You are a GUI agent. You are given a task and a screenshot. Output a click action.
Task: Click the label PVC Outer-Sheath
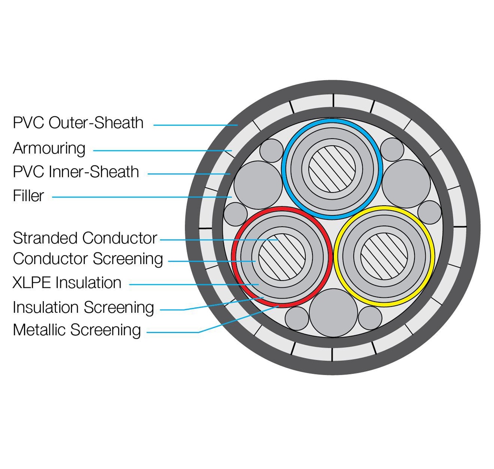pos(78,123)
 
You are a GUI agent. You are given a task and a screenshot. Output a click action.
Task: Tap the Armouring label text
pos(49,148)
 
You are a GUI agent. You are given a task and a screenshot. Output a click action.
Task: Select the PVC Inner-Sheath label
pos(76,172)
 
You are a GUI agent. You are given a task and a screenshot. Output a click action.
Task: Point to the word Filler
pos(28,196)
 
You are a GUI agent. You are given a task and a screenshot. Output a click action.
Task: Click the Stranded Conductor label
pos(85,238)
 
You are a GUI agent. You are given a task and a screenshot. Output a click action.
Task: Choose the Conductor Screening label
pos(88,259)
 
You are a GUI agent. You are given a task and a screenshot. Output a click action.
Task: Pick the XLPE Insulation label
pos(67,283)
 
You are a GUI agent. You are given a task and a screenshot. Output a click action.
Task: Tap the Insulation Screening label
pos(83,307)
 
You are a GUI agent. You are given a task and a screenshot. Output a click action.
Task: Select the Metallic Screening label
pos(77,330)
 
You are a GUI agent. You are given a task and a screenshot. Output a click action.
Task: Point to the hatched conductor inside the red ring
pos(282,257)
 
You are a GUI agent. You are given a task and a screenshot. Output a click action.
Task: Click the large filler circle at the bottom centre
pos(333,313)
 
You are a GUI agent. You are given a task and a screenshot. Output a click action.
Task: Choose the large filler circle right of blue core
pos(406,184)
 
